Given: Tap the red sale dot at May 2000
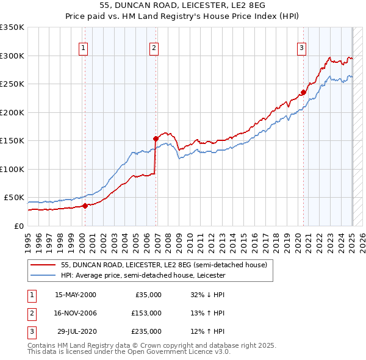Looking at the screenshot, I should pos(85,206).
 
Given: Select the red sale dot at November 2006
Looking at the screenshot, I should pos(156,139).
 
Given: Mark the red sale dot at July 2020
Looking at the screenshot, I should pos(303,93).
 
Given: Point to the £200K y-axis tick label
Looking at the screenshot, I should pos(12,112).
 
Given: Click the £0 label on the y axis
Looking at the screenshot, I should pos(19,226).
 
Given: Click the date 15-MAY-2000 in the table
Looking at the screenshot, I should pos(75,295).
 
